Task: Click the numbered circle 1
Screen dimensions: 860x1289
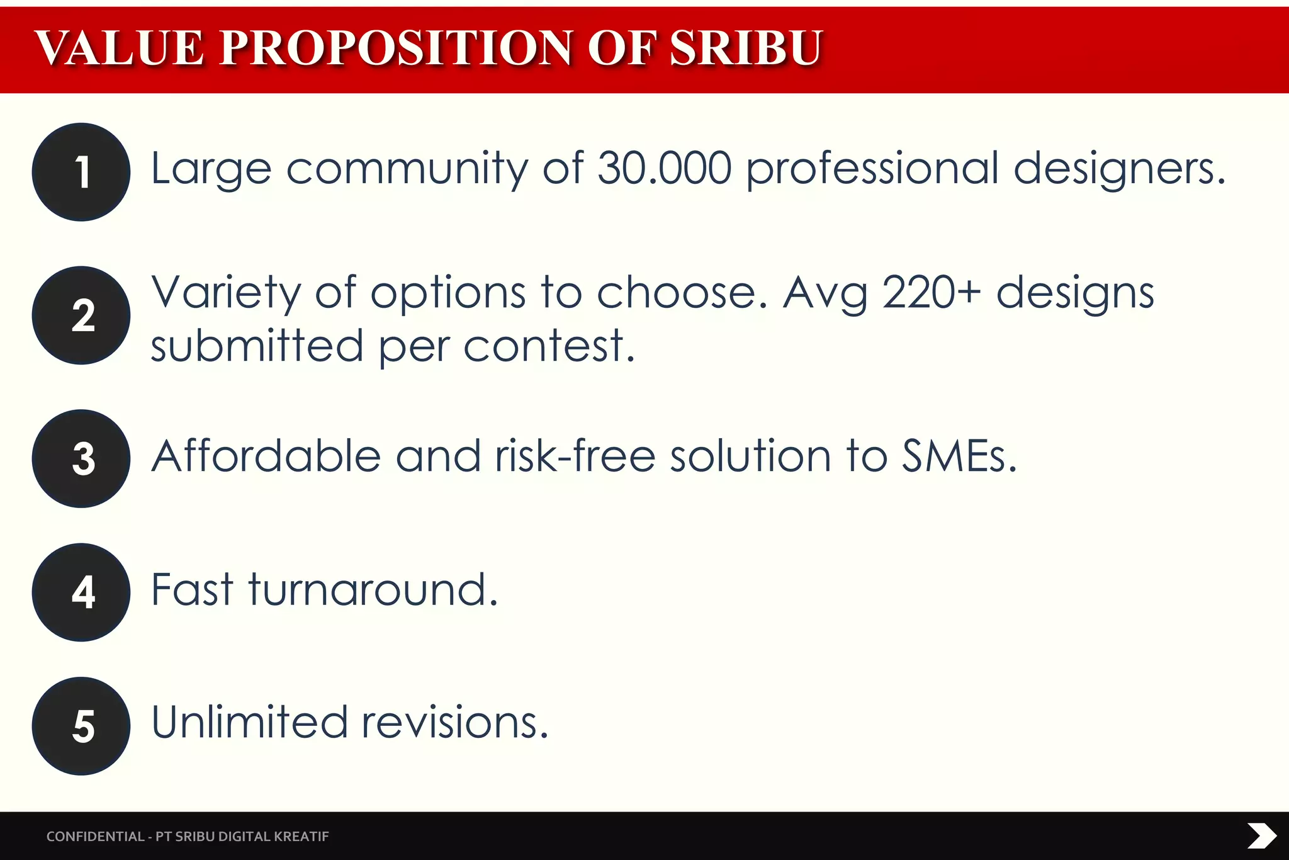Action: pyautogui.click(x=81, y=172)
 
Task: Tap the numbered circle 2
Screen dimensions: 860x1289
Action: pyautogui.click(x=81, y=315)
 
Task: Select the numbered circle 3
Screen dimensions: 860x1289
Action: pyautogui.click(x=81, y=459)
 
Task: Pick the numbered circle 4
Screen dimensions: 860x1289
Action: pyautogui.click(x=81, y=592)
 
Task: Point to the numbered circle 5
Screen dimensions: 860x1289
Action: pyautogui.click(x=81, y=726)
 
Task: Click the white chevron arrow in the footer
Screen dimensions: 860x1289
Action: pyautogui.click(x=1261, y=836)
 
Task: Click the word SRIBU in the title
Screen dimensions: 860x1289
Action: pyautogui.click(x=746, y=48)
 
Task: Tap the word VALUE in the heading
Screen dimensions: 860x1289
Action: pyautogui.click(x=120, y=48)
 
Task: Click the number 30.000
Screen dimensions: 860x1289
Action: pyautogui.click(x=665, y=169)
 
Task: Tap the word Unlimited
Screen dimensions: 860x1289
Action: pyautogui.click(x=249, y=722)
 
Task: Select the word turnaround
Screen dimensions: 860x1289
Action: pyautogui.click(x=373, y=590)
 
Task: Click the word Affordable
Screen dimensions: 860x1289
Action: pyautogui.click(x=266, y=456)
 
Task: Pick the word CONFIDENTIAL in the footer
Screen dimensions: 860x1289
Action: pyautogui.click(x=95, y=837)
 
